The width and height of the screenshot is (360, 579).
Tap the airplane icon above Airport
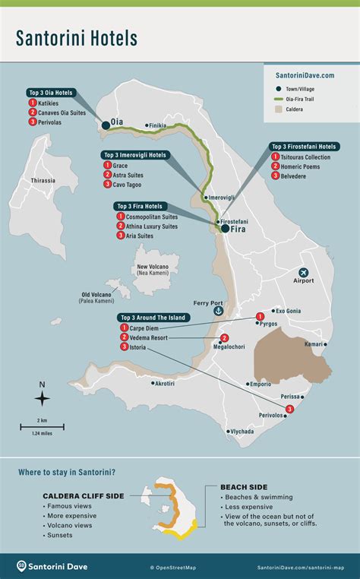point(304,271)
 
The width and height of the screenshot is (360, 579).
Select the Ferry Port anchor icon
point(219,310)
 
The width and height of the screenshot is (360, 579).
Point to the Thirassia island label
point(43,180)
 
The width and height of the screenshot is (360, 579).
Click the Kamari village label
point(314,344)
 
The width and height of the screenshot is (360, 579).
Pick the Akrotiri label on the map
point(165,383)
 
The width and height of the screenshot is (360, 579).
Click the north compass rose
point(43,397)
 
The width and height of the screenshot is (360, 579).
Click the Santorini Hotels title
point(78,37)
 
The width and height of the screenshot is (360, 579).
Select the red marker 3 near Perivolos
point(289,410)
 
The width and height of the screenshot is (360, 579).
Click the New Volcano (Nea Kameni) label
point(153,270)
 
